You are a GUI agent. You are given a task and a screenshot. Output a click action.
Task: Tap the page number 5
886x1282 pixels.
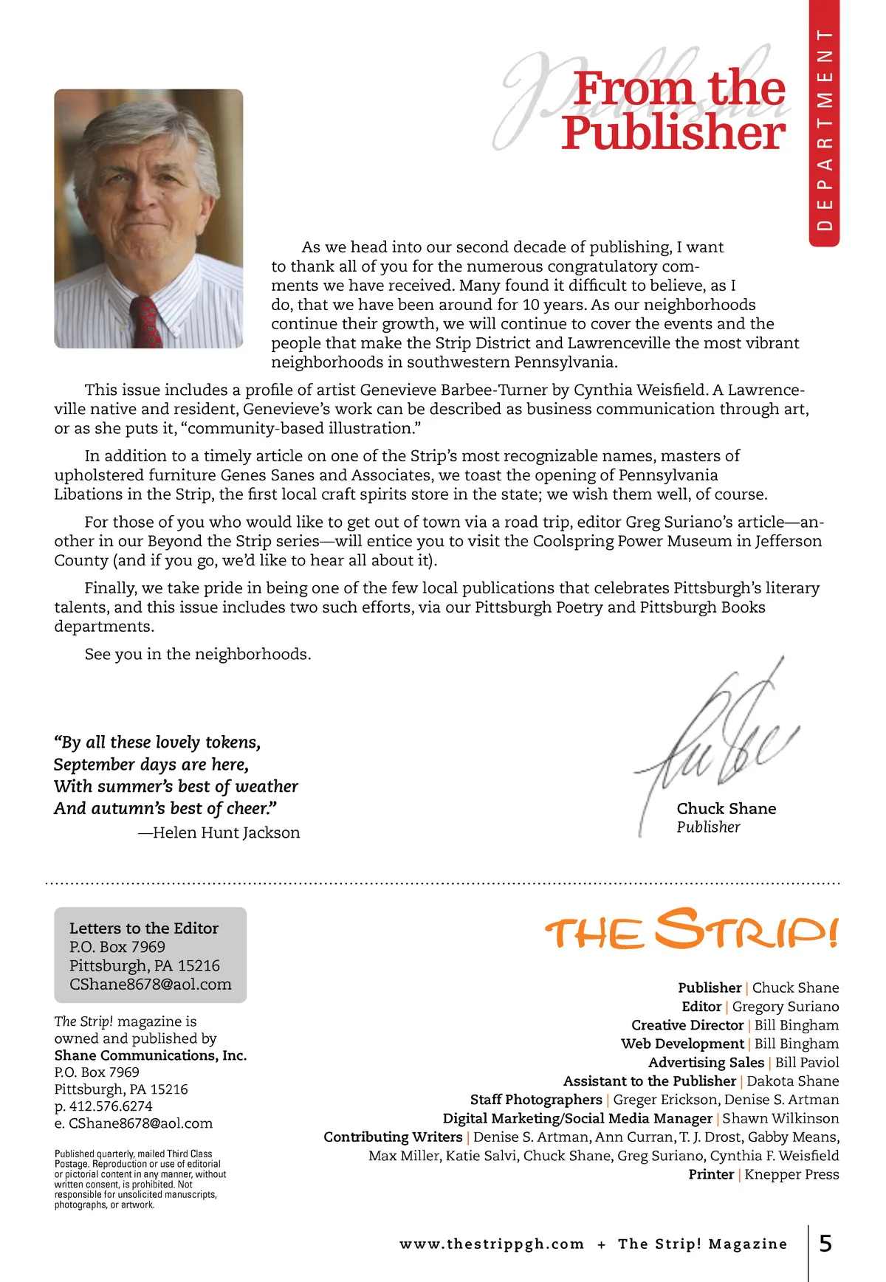pos(825,1244)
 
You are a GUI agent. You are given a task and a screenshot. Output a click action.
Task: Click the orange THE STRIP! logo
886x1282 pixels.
pos(691,930)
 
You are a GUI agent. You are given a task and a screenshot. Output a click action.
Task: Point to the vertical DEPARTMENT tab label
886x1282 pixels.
pos(825,129)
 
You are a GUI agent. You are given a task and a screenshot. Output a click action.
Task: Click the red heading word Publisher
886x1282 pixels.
pos(673,133)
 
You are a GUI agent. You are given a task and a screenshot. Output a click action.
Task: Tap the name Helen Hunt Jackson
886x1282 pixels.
pos(226,833)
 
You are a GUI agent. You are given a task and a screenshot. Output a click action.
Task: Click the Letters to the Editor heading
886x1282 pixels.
pos(144,928)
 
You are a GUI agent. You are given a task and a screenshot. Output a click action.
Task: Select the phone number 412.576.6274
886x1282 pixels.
pos(111,1106)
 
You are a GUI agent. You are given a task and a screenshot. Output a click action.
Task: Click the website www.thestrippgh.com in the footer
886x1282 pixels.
pos(492,1244)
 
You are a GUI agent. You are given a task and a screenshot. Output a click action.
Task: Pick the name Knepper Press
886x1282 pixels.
pos(791,1174)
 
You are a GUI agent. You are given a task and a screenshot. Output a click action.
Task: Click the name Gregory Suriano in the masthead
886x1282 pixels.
pos(786,1007)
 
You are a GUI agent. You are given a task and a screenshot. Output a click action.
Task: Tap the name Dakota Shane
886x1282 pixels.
pos(793,1081)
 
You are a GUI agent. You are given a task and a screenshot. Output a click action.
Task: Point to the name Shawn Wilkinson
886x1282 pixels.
pos(780,1118)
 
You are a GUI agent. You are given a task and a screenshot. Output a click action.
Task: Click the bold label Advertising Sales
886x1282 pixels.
pos(706,1063)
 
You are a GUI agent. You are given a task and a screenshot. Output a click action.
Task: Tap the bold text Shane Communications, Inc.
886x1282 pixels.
pos(151,1055)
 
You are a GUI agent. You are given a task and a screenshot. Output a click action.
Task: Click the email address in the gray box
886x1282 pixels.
pos(151,984)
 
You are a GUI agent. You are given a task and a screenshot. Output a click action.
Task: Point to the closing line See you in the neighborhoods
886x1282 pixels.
pos(198,654)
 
